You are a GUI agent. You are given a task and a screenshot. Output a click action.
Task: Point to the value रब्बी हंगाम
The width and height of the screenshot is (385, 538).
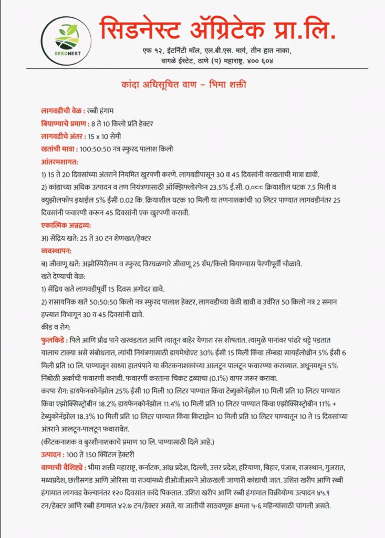pyautogui.click(x=104, y=111)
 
